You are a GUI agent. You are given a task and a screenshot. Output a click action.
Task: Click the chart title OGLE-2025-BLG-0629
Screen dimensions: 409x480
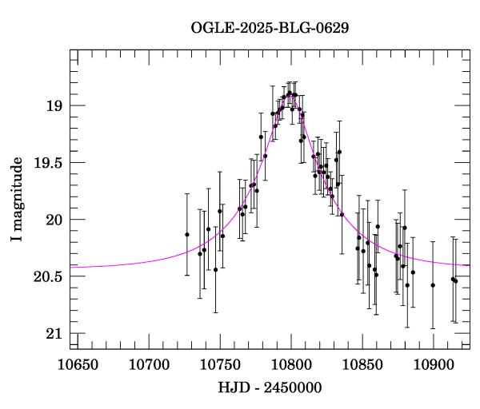270,28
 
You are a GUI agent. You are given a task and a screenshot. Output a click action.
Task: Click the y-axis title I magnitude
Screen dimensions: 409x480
16,199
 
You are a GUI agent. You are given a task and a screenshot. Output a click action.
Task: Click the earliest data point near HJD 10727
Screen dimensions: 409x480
187,234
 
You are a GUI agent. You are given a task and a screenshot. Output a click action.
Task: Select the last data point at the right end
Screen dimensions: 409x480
455,280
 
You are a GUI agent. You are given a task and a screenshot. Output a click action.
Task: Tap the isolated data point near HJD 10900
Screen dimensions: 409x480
433,285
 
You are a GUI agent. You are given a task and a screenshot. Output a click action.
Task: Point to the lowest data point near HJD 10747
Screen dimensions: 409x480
215,269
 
